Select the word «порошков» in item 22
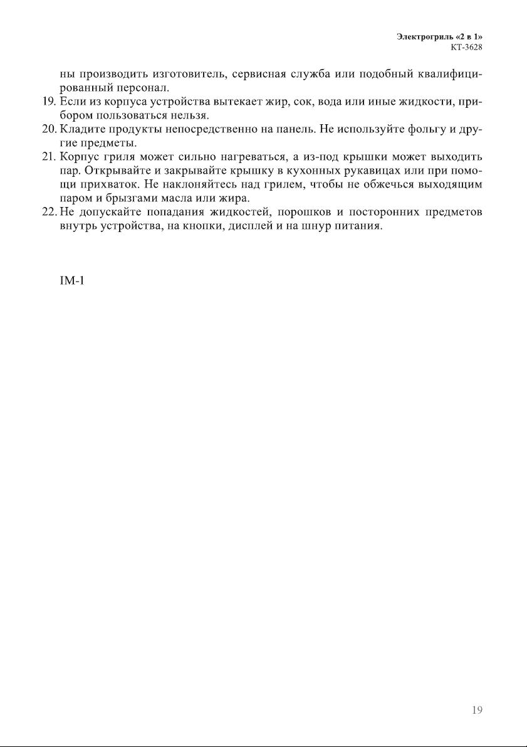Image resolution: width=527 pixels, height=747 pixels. [295, 213]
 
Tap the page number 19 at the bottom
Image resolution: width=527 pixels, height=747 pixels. [477, 711]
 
